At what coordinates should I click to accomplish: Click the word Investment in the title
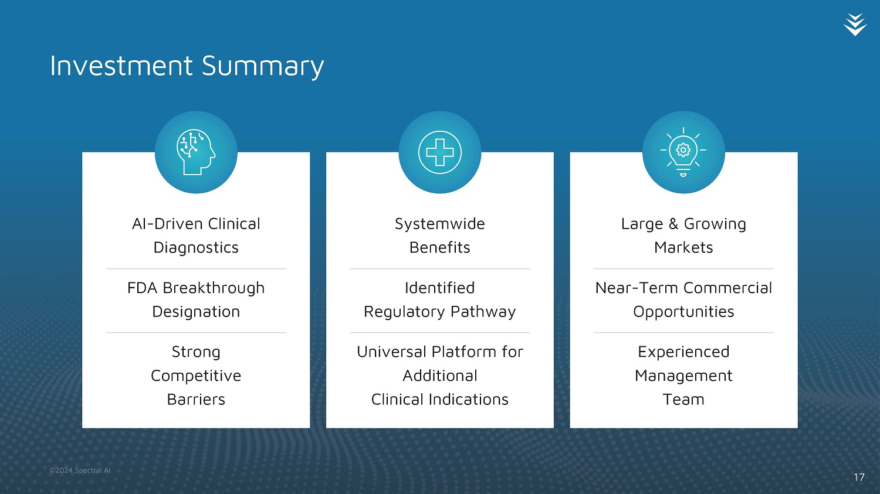click(x=121, y=66)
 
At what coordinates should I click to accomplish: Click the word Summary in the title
click(x=263, y=67)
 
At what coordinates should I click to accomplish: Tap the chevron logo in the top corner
click(x=855, y=25)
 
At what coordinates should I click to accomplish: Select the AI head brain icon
click(x=196, y=152)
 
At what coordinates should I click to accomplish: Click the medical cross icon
click(x=439, y=152)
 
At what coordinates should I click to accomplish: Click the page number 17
click(x=859, y=477)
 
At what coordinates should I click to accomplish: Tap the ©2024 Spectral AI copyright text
click(x=80, y=470)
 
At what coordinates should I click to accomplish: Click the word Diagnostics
click(x=196, y=248)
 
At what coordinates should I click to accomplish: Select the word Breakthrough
click(x=214, y=288)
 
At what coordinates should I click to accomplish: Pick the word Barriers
click(x=196, y=400)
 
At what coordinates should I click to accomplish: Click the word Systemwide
click(x=439, y=224)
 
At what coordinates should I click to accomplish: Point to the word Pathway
click(x=483, y=312)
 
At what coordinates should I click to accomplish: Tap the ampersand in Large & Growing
click(x=673, y=224)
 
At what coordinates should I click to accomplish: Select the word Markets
click(x=683, y=248)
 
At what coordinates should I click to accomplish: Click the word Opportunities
click(x=683, y=312)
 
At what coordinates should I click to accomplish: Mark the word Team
click(x=683, y=400)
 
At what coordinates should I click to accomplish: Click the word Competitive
click(x=196, y=376)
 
